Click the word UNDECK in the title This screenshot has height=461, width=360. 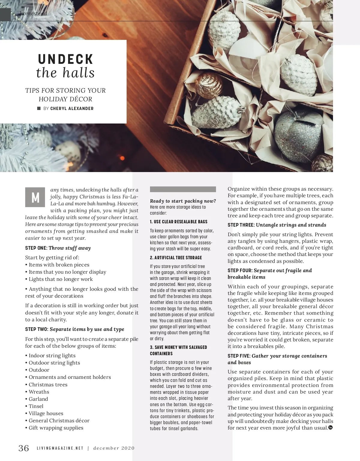coord(65,59)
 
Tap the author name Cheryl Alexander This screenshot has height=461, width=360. coord(72,109)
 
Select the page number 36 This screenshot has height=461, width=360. coord(24,448)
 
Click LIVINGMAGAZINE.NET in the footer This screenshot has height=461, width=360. coord(60,448)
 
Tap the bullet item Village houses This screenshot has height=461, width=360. coord(46,413)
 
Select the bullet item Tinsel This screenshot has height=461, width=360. coord(36,406)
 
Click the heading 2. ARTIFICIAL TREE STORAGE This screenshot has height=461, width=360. coord(176,257)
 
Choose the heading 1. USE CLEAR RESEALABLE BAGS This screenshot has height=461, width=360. coord(178,222)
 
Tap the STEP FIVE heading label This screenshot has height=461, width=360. coord(239,356)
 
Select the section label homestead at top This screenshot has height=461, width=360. coord(33,13)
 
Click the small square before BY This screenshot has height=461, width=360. coord(39,109)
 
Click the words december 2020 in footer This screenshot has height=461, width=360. coord(114,448)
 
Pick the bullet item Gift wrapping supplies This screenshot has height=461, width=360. coord(56,428)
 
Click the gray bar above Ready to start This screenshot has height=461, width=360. coord(183,189)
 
